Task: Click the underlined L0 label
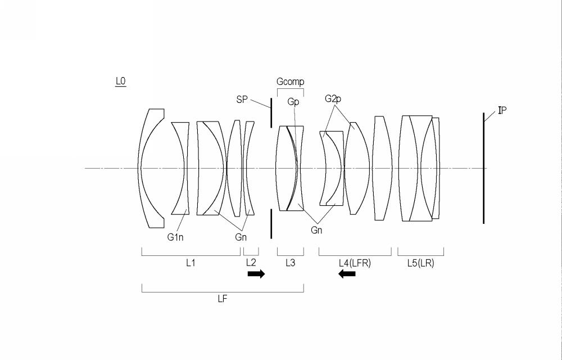coord(120,82)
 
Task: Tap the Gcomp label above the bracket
coord(291,82)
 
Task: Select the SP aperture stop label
coord(242,100)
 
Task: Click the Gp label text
coord(293,102)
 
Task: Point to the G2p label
coord(333,98)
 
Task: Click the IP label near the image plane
coord(502,110)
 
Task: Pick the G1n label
coord(175,237)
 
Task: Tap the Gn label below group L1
coord(241,237)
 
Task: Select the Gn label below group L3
coord(316,230)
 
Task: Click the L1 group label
coord(191,263)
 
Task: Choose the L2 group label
coord(251,263)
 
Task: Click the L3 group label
coord(291,263)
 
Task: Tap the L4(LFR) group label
coord(355,263)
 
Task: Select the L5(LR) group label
coord(421,263)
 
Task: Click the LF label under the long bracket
coord(223,299)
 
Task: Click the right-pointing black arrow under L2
coord(256,274)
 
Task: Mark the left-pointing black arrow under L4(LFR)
coord(347,274)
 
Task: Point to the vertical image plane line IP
coord(483,168)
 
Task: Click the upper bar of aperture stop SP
coord(271,112)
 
